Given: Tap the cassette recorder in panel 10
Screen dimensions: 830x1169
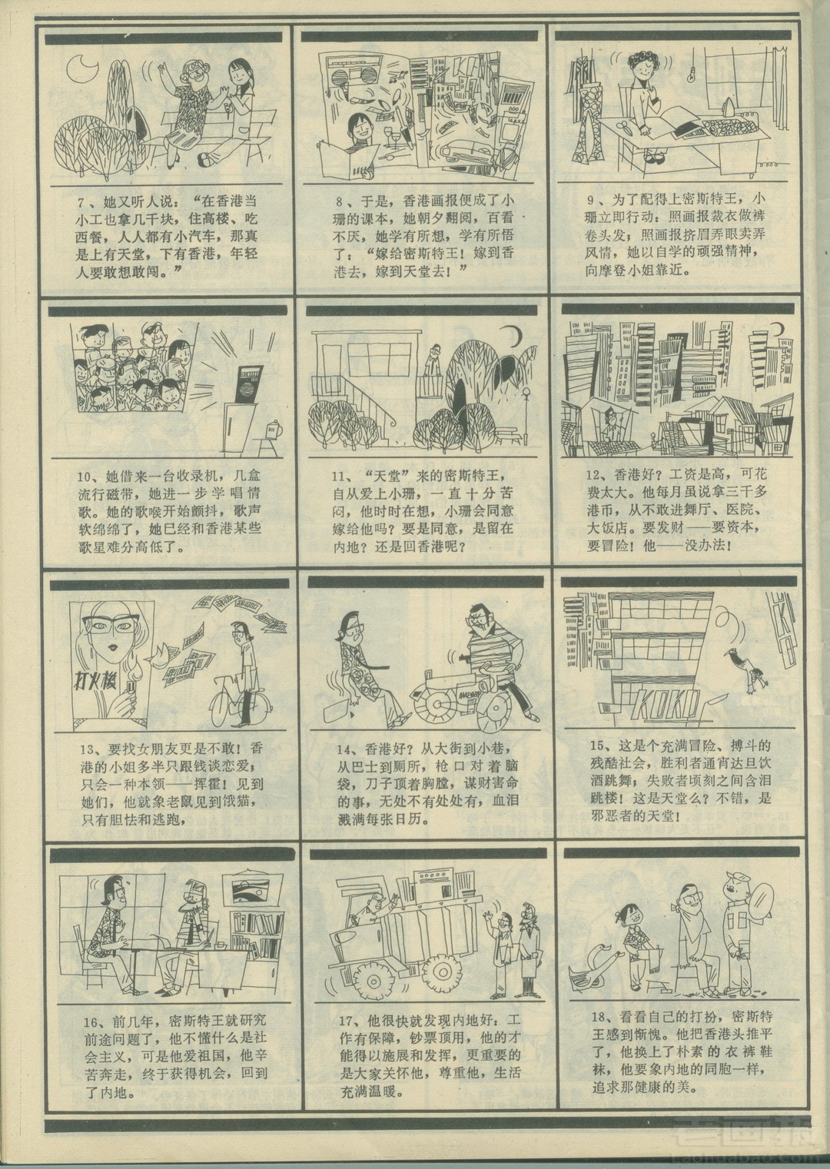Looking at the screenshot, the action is click(247, 385).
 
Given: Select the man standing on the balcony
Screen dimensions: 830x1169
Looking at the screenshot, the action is click(430, 361).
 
